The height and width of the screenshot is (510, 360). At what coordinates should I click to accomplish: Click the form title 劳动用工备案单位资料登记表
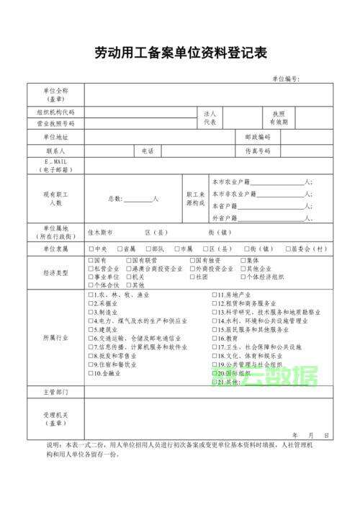tap(181, 53)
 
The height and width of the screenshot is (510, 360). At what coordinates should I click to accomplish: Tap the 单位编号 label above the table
tap(286, 79)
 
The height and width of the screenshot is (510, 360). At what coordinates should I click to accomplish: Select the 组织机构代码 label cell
tap(55, 112)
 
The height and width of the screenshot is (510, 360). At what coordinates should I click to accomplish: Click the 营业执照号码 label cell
tap(55, 123)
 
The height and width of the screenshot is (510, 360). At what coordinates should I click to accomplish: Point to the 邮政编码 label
tap(257, 137)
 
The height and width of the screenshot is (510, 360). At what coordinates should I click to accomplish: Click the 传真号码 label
tap(257, 151)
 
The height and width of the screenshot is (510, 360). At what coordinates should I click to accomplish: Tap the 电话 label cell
tap(148, 151)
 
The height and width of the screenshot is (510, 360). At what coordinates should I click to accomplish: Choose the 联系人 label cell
tap(55, 151)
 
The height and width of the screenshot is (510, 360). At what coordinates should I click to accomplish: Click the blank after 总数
tap(138, 199)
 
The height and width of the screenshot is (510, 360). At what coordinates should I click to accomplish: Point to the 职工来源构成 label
tap(196, 199)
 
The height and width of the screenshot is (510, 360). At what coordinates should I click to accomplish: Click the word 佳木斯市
tap(100, 233)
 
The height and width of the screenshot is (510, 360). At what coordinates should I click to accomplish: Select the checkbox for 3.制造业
tap(91, 313)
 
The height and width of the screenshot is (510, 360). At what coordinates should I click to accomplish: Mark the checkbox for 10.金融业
tap(91, 373)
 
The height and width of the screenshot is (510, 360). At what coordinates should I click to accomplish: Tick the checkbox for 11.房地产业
tap(215, 295)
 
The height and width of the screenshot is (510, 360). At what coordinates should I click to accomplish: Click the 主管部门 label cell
tap(55, 392)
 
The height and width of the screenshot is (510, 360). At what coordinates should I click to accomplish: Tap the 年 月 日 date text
tap(310, 436)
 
